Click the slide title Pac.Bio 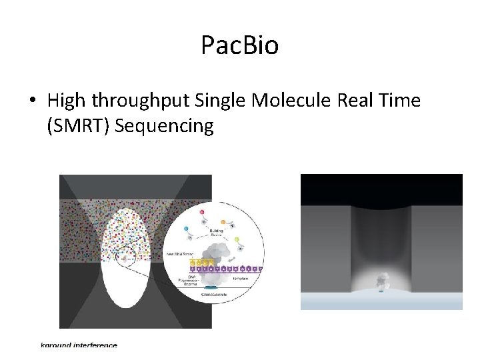(x=239, y=45)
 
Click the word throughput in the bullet (x=142, y=101)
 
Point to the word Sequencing (x=164, y=126)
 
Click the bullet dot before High (x=32, y=101)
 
